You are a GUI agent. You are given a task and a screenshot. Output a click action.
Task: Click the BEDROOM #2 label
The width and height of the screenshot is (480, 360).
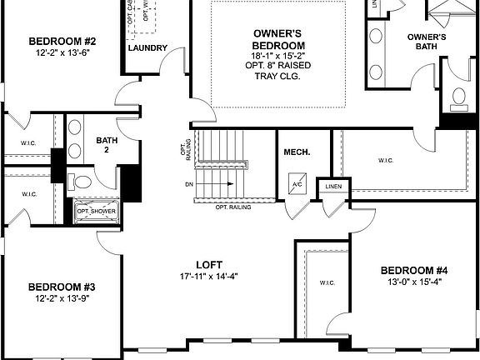click(63, 41)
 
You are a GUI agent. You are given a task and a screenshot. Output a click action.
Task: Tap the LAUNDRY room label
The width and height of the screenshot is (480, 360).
click(148, 47)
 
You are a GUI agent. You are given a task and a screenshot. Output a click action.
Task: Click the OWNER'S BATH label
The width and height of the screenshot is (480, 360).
click(426, 42)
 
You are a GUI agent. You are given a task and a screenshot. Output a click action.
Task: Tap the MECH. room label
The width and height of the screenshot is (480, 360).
click(297, 152)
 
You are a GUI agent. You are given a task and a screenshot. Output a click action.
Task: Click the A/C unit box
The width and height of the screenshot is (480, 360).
click(297, 184)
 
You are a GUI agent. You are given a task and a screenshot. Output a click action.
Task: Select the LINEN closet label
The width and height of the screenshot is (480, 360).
click(333, 186)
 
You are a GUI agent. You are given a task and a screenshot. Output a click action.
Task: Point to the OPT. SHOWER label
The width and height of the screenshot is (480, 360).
click(97, 211)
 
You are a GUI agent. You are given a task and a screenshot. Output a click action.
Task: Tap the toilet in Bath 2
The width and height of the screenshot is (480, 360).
click(81, 180)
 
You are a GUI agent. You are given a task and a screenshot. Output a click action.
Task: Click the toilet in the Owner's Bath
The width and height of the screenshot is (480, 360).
click(457, 99)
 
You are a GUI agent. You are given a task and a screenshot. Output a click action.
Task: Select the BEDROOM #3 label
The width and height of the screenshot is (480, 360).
click(63, 285)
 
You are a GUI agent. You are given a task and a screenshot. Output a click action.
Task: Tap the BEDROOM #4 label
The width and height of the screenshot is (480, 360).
click(414, 270)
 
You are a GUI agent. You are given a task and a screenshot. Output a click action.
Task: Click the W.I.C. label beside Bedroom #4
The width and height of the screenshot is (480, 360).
click(326, 282)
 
